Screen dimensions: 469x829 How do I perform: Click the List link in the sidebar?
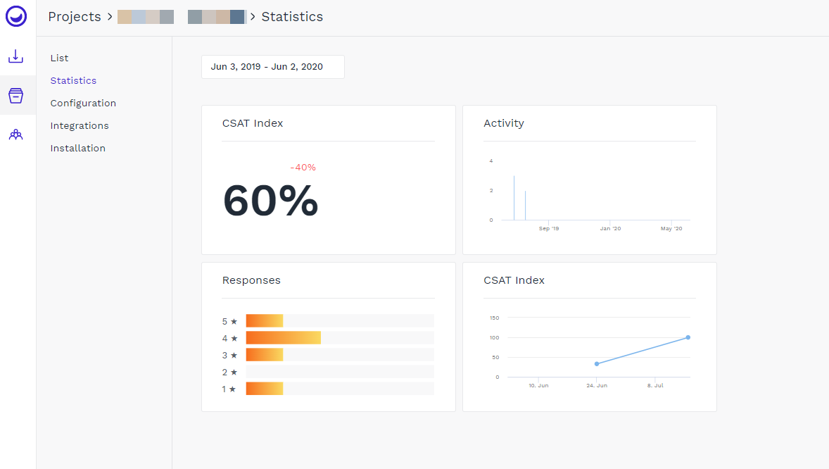click(x=59, y=58)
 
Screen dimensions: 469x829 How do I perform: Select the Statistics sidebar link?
click(x=73, y=80)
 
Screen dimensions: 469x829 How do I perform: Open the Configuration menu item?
click(x=83, y=103)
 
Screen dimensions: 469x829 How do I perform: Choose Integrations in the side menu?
click(x=80, y=125)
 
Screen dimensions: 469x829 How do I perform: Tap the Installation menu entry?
click(x=77, y=148)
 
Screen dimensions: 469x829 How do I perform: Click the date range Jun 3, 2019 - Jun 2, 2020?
click(x=267, y=67)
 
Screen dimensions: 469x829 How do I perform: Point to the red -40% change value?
click(x=303, y=168)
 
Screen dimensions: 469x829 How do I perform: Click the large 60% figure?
click(x=270, y=201)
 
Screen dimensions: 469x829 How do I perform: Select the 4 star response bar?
click(x=283, y=338)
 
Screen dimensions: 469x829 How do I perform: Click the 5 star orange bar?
click(x=264, y=321)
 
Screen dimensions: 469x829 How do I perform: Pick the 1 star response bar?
click(x=264, y=389)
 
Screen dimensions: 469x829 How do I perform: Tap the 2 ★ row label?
click(x=230, y=372)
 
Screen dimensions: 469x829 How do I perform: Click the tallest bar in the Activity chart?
click(x=514, y=198)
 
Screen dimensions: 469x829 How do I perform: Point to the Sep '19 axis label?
click(x=549, y=229)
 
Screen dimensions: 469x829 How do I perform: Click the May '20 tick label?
click(x=671, y=229)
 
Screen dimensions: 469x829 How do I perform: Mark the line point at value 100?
click(x=688, y=337)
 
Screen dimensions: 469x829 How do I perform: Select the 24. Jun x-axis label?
click(x=597, y=386)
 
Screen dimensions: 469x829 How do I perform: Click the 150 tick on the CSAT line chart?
click(x=494, y=318)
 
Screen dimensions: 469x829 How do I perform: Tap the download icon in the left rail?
click(x=15, y=56)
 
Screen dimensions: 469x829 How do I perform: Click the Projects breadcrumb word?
click(x=75, y=17)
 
